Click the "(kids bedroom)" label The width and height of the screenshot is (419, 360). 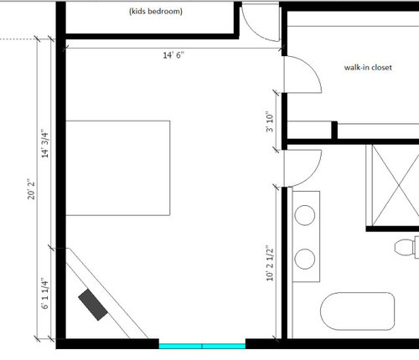click(156, 12)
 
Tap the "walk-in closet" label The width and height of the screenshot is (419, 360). click(368, 68)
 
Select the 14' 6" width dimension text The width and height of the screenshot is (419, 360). click(173, 55)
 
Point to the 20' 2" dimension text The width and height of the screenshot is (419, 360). click(31, 189)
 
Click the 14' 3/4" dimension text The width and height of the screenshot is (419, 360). click(44, 143)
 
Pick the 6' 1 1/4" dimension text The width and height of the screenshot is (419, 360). click(44, 293)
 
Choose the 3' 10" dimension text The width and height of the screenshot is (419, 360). click(270, 122)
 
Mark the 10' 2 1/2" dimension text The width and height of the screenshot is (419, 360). click(270, 263)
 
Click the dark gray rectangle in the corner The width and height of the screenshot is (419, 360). click(93, 305)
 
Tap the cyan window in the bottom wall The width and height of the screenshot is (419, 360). click(202, 347)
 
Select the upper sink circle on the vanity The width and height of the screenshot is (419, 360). click(305, 215)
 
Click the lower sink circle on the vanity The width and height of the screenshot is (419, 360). click(305, 259)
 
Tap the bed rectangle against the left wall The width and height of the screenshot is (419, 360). click(117, 168)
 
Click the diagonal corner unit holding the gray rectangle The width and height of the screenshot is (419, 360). click(107, 293)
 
